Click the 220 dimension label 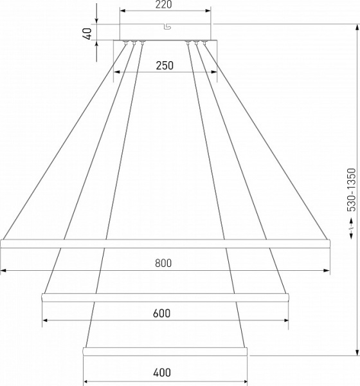[x=163, y=5]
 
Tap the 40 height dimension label [x=87, y=33]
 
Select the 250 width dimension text [x=165, y=66]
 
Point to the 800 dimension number [x=163, y=263]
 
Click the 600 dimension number [x=161, y=313]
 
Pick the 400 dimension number [x=162, y=372]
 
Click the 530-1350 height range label [x=352, y=190]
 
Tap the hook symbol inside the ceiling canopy [x=167, y=26]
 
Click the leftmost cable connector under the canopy [x=126, y=43]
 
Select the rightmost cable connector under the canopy [x=204, y=43]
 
